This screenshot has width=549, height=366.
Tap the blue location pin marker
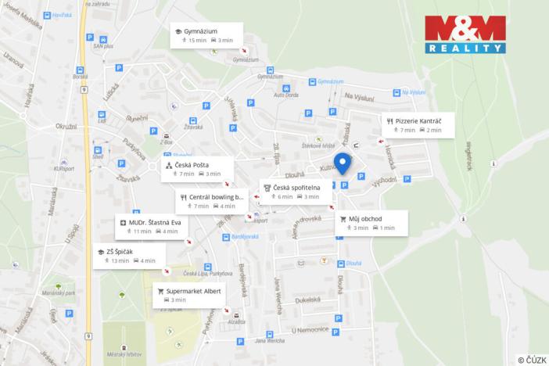[342, 163]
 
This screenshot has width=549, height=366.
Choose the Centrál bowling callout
[210, 201]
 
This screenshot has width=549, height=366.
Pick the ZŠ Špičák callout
[124, 256]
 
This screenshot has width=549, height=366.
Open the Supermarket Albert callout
[189, 295]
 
